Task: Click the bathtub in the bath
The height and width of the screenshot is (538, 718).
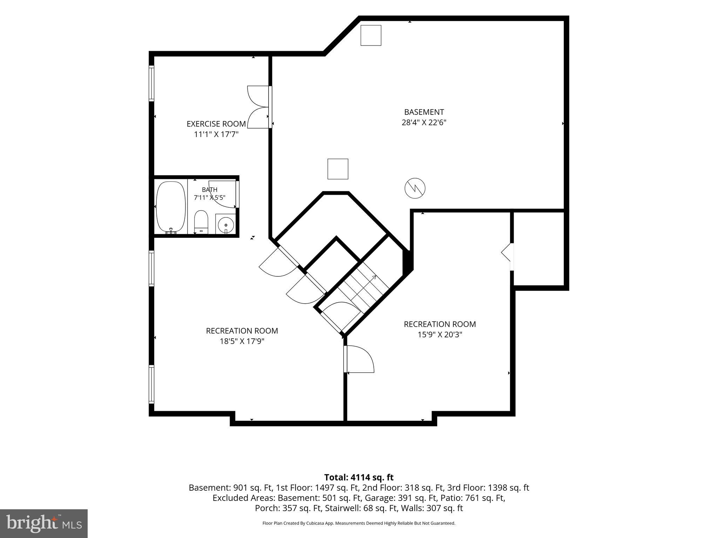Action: (x=170, y=207)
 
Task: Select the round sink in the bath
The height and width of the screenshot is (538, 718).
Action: (x=225, y=224)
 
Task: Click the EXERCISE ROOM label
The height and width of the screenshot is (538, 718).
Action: (x=216, y=124)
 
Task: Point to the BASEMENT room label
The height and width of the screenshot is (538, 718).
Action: (x=424, y=112)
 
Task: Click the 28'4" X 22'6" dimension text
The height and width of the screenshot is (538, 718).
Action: (x=424, y=123)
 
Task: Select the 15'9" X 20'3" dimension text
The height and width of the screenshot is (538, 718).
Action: (x=440, y=334)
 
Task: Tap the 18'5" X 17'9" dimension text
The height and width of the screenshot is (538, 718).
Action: (x=242, y=341)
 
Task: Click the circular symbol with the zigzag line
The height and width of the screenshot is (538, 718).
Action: (x=415, y=189)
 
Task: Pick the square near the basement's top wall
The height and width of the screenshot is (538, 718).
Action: (x=371, y=35)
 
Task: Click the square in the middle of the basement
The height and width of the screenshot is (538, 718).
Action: (x=338, y=169)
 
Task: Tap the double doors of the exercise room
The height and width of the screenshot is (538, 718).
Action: (x=259, y=107)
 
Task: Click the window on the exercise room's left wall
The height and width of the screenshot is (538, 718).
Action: (x=151, y=83)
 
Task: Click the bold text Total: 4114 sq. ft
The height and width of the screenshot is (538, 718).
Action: (x=359, y=477)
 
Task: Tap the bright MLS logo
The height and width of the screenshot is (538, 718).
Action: (x=44, y=524)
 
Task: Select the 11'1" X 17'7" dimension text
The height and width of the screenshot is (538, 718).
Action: (x=216, y=134)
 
